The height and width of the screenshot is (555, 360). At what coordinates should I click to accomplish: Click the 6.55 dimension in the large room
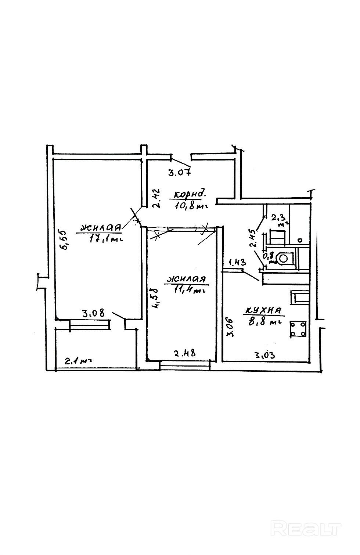coord(63,240)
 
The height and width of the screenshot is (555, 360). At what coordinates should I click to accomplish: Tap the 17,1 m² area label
coord(106,239)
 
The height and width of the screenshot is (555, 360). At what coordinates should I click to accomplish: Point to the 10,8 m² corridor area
coord(191,205)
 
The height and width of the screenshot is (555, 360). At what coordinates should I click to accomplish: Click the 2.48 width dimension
coord(185,353)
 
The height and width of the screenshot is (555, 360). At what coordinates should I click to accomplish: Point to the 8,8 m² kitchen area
coord(265,322)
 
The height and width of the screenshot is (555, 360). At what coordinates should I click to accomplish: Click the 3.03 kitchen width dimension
coord(265,355)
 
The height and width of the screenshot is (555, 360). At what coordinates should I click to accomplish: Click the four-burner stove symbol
coord(298,329)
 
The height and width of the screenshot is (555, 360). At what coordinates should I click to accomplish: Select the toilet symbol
coord(283,259)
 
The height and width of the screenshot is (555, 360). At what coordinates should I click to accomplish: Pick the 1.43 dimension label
coord(237,262)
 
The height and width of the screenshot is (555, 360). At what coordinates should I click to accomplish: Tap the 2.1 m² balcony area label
coord(78,361)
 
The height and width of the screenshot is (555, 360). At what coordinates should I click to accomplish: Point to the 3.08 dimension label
coord(94,313)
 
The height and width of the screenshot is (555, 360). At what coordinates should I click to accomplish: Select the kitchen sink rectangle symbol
coord(300,298)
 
